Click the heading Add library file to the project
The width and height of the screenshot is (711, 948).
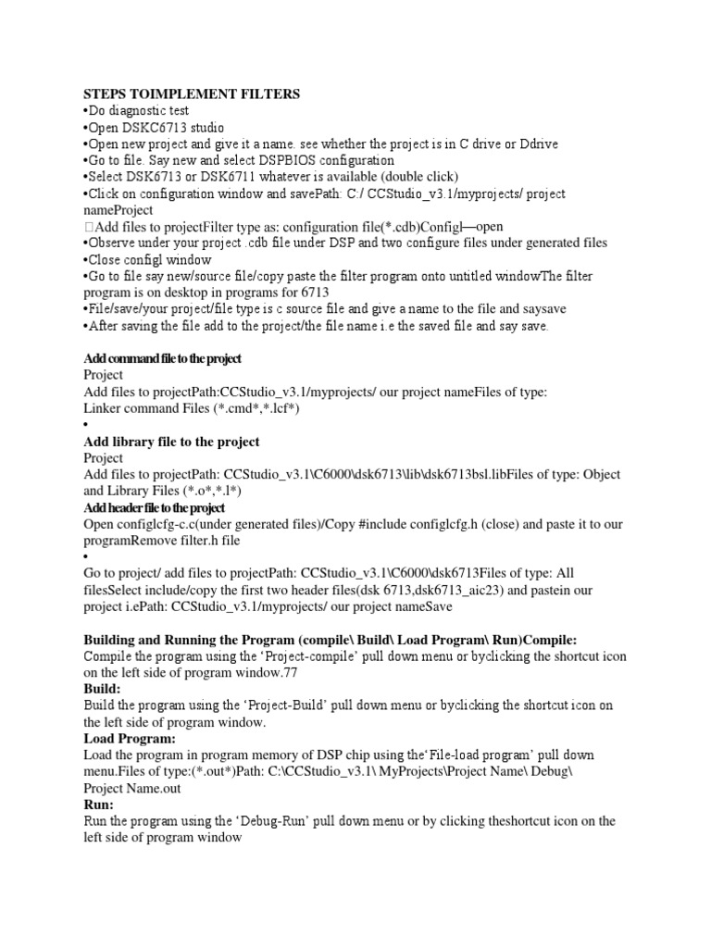tap(171, 442)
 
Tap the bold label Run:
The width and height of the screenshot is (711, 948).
tap(98, 805)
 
